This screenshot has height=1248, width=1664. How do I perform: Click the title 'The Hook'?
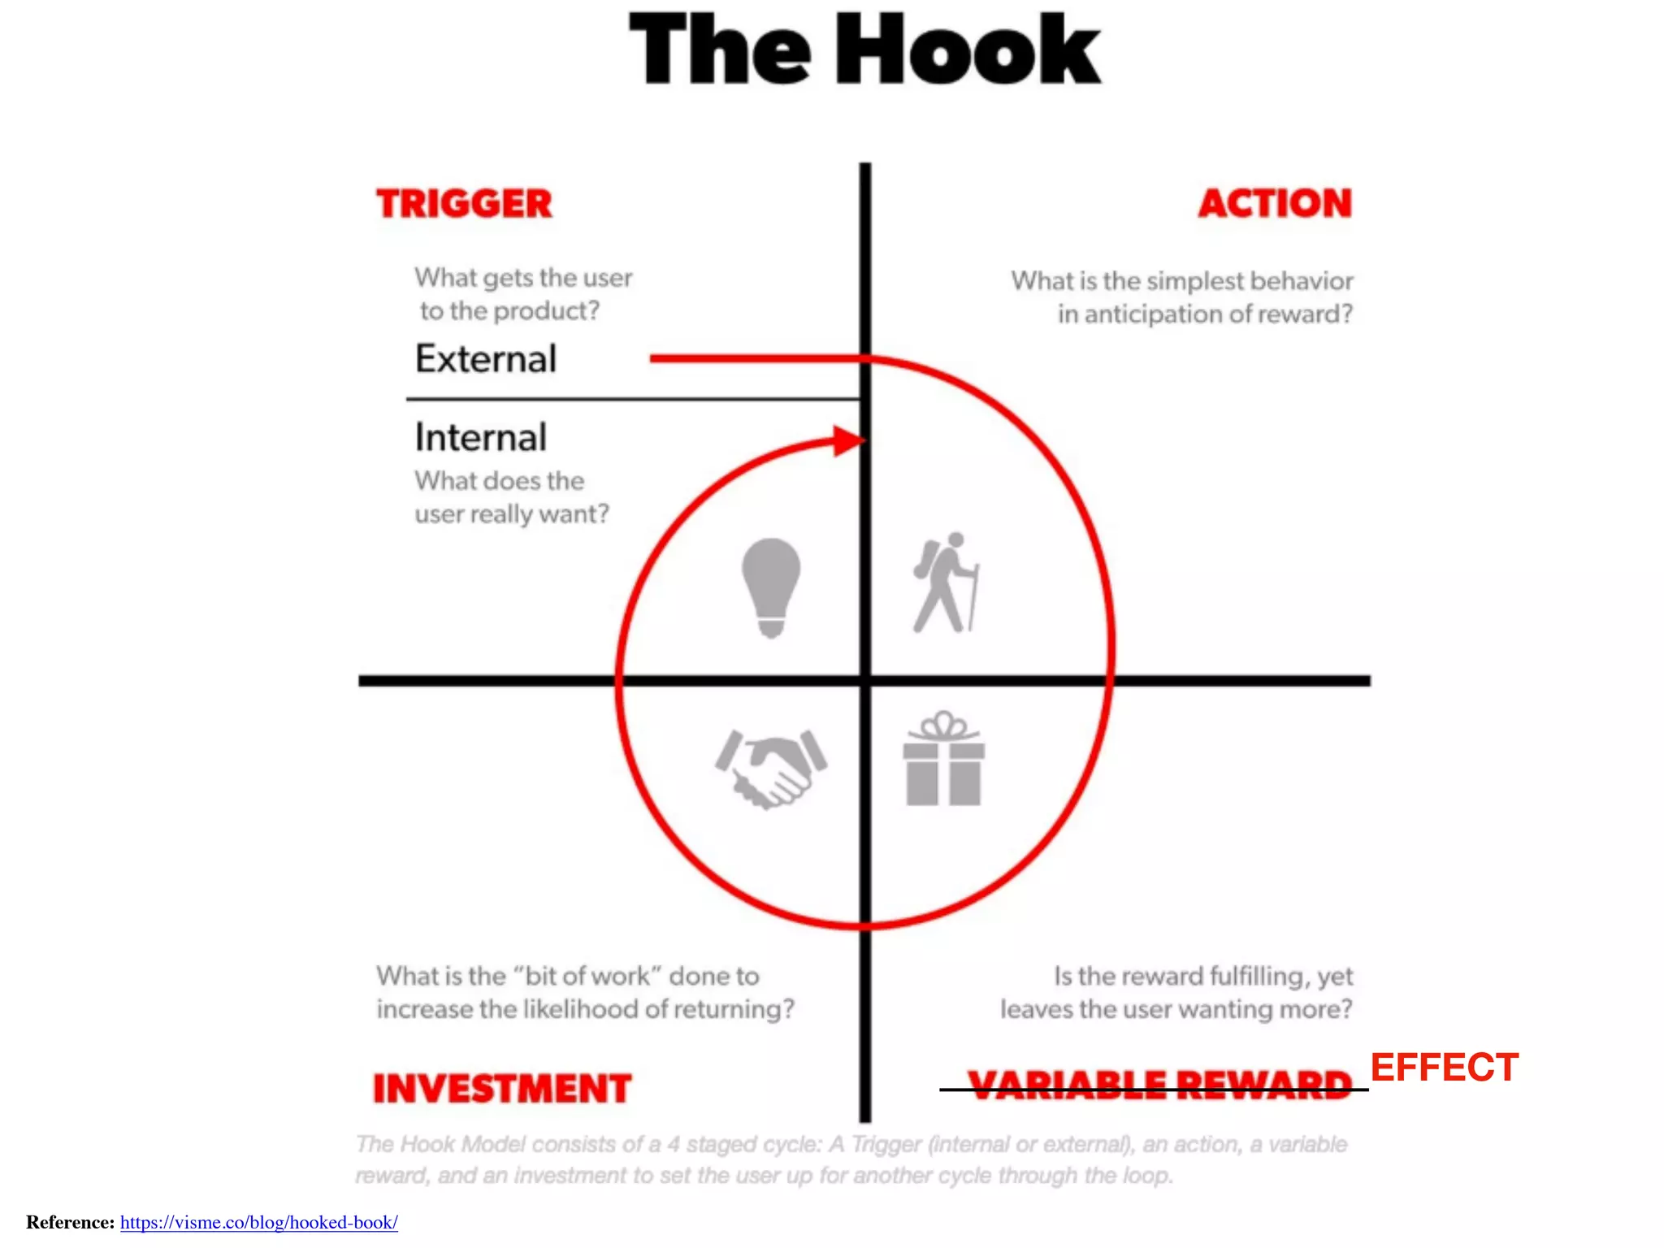pos(864,50)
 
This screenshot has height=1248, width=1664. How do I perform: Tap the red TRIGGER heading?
pos(464,204)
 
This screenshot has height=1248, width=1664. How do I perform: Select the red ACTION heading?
pos(1275,203)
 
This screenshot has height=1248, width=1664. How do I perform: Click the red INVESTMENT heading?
pos(501,1089)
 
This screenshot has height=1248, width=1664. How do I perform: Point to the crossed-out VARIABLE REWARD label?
pos(1159,1085)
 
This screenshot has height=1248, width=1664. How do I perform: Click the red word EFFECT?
pos(1444,1067)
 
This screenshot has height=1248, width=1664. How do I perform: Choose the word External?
pos(486,359)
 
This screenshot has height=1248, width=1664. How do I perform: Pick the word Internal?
pos(480,438)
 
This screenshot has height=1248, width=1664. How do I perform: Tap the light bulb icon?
pos(771,587)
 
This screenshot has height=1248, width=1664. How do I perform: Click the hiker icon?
pos(945,583)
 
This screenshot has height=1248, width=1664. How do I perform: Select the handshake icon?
pos(770,768)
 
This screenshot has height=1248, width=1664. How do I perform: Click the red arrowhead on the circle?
pos(848,441)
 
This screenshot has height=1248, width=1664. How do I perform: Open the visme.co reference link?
pos(259,1222)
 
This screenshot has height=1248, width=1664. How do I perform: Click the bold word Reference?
pos(70,1222)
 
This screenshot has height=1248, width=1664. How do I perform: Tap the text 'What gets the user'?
pos(523,278)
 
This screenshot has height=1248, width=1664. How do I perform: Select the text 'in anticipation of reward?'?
pos(1205,314)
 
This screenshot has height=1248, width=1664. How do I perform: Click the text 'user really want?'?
pos(511,514)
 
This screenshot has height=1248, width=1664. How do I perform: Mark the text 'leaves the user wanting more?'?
pos(1176,1010)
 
